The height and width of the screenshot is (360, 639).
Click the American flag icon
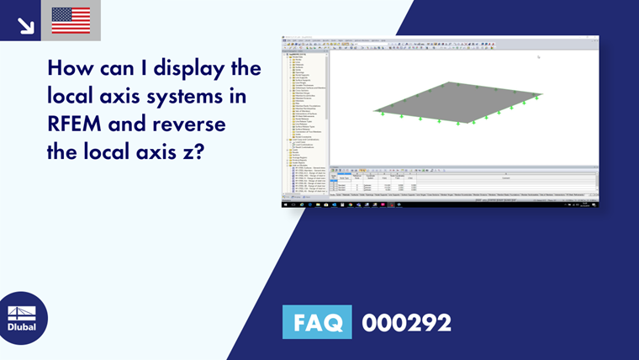pyautogui.click(x=71, y=20)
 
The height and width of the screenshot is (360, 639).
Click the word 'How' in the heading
pyautogui.click(x=69, y=67)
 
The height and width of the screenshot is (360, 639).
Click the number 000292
pyautogui.click(x=406, y=322)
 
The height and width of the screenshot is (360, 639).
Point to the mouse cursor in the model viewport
pyautogui.click(x=538, y=56)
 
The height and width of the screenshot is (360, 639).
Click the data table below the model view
pyautogui.click(x=462, y=183)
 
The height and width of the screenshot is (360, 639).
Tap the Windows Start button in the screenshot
pyautogui.click(x=284, y=204)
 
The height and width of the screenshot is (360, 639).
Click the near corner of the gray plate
pyautogui.click(x=458, y=123)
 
